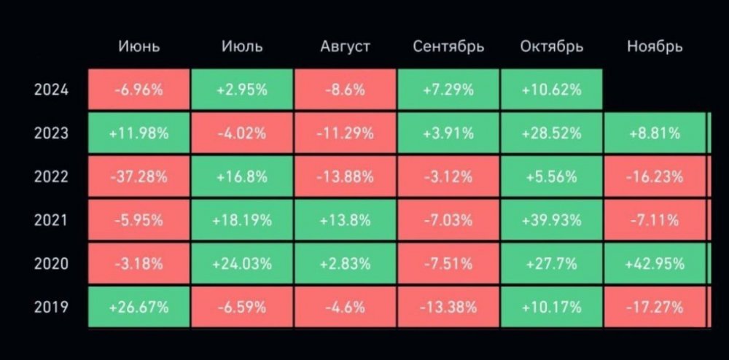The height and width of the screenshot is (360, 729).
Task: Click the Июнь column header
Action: [139, 47]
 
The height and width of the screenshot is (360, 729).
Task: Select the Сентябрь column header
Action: [448, 47]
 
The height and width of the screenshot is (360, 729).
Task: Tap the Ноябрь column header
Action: [655, 47]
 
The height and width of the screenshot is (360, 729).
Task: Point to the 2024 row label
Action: [51, 90]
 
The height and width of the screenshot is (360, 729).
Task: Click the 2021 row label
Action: [51, 219]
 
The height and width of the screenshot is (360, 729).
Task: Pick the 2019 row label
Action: [51, 307]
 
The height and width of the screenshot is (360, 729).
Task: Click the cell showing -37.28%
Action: [139, 176]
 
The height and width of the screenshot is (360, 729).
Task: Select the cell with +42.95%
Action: [655, 263]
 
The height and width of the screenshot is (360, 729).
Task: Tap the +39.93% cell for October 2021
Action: [552, 219]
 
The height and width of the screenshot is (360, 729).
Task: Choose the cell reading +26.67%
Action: [139, 307]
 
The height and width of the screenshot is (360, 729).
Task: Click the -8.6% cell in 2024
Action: [346, 90]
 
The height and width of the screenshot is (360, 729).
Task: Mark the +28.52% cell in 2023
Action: [552, 133]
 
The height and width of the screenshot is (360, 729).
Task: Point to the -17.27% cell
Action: [655, 307]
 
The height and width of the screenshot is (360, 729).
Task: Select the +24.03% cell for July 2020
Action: [242, 263]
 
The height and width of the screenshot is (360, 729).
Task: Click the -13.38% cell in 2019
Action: [448, 307]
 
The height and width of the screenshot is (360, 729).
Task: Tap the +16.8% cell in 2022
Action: [242, 176]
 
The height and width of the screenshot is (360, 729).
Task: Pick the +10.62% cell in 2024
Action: [552, 90]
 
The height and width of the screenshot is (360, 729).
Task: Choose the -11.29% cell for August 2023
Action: [346, 133]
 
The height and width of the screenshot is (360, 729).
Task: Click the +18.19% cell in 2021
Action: [242, 219]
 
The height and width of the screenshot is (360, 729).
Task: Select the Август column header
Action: [346, 47]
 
